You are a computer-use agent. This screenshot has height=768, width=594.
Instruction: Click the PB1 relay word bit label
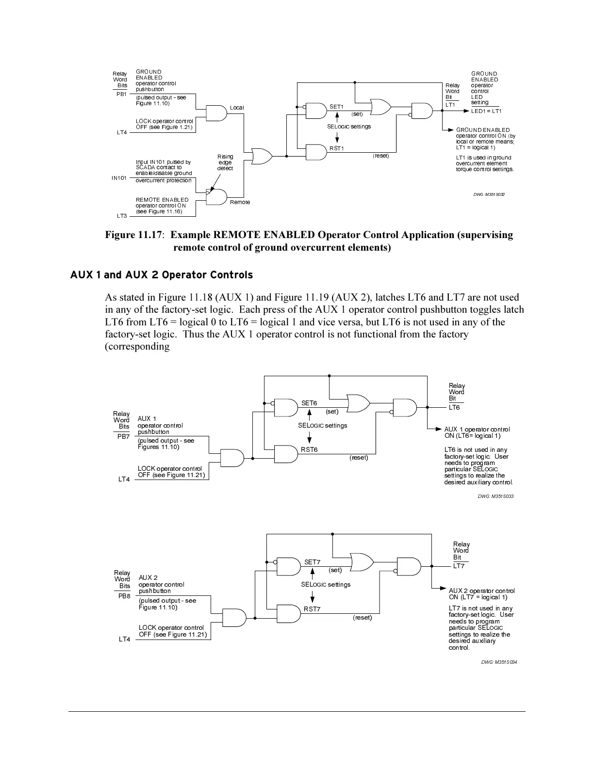point(121,94)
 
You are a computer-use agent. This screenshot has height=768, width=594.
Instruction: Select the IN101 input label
point(119,178)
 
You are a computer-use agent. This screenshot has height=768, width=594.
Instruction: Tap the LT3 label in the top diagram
point(122,216)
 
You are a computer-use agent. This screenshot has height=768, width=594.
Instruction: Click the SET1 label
point(336,107)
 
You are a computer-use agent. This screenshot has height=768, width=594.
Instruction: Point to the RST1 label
point(337,148)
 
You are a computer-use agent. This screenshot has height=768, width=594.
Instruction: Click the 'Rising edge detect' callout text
point(225,162)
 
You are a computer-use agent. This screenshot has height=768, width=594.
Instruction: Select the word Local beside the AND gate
point(237,108)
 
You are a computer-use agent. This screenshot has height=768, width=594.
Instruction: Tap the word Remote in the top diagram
point(240,202)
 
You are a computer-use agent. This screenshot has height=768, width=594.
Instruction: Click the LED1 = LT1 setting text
point(486,111)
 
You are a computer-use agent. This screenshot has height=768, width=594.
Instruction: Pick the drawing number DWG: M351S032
point(489,194)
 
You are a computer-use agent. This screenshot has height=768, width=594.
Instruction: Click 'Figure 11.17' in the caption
point(133,235)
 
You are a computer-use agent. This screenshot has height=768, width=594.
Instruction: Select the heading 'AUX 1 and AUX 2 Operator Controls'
point(162,275)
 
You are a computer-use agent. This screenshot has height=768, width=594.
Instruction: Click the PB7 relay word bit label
point(124,436)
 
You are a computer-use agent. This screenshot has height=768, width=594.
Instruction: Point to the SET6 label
point(309,403)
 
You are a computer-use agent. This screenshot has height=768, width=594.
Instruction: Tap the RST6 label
point(309,449)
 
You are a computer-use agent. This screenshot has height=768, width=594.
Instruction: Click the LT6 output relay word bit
point(454,408)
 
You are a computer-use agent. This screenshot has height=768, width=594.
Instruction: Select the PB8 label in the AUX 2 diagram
point(125,596)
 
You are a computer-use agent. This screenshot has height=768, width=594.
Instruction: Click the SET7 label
point(312,562)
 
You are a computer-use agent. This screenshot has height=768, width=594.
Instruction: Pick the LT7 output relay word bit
point(459,566)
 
